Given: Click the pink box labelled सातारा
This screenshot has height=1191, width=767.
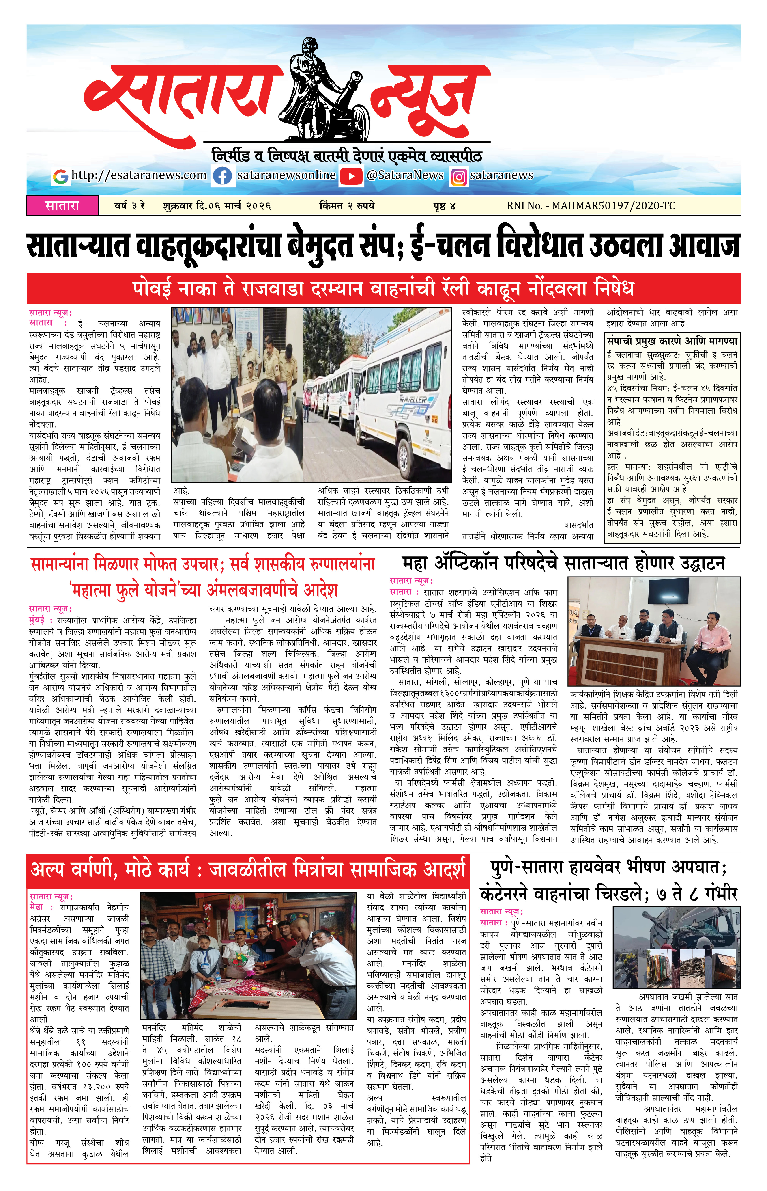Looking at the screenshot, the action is (62, 205).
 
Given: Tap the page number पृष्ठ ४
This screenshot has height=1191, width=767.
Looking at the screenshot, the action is (444, 205).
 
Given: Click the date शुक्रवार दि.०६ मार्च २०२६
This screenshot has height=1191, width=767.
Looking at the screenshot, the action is (217, 205).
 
